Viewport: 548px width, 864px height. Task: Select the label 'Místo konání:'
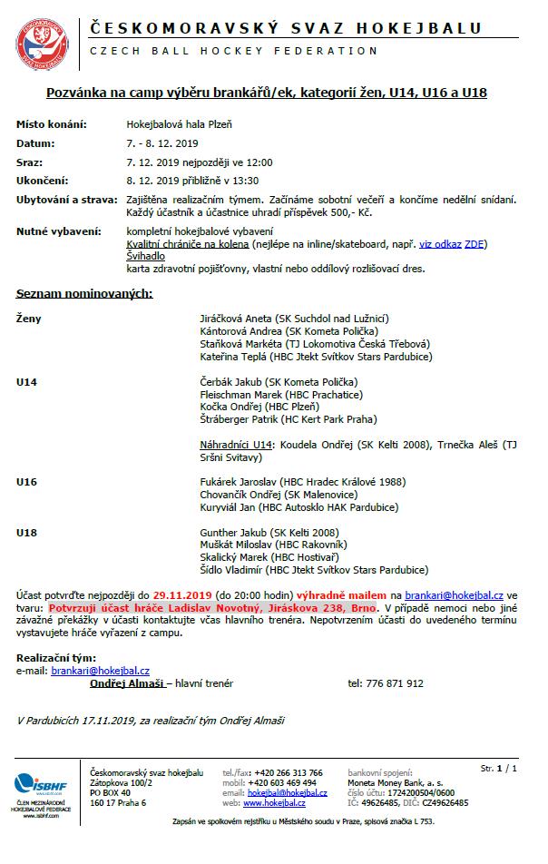[x=51, y=124]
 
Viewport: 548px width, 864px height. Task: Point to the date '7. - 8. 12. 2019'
[x=161, y=143]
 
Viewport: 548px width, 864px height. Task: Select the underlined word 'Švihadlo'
[x=145, y=257]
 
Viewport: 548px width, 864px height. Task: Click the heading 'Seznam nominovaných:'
[x=84, y=293]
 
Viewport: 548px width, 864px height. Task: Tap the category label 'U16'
[x=26, y=482]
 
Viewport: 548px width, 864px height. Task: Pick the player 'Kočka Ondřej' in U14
[x=229, y=407]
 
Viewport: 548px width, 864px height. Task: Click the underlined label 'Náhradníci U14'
[x=236, y=445]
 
